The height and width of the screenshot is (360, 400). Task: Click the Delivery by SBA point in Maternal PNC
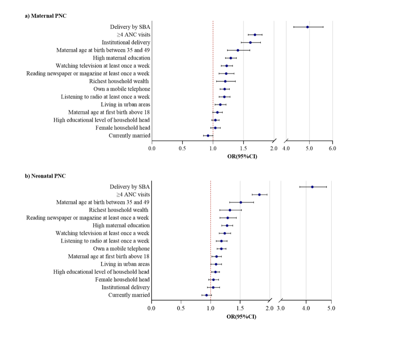[x=307, y=27]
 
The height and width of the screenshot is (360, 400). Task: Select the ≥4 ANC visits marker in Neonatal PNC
[x=259, y=195]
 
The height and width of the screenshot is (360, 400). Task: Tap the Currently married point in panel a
[x=208, y=136]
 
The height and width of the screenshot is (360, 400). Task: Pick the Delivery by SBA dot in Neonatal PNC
[x=312, y=187]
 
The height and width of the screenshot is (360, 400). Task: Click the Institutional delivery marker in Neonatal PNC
[x=213, y=287]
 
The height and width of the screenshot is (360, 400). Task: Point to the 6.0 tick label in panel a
[x=332, y=148]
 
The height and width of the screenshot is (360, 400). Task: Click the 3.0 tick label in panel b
[x=281, y=308]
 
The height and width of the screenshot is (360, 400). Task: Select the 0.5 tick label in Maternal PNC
[x=182, y=148]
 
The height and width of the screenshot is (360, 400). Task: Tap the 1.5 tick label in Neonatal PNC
[x=240, y=308]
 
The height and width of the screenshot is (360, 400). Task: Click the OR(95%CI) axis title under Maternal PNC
[x=242, y=157]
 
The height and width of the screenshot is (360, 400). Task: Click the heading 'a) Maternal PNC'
[x=46, y=16]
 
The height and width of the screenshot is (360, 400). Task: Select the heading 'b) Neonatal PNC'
[x=45, y=176]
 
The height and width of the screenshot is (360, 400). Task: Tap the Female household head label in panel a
[x=123, y=128]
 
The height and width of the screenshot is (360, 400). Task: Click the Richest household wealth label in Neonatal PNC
[x=119, y=210]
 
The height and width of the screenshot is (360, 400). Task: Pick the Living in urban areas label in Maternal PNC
[x=125, y=104]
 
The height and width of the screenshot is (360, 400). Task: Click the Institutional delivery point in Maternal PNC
[x=250, y=43]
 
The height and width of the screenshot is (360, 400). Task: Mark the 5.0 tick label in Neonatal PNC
[x=331, y=308]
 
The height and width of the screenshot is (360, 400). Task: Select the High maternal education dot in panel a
[x=230, y=58]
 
